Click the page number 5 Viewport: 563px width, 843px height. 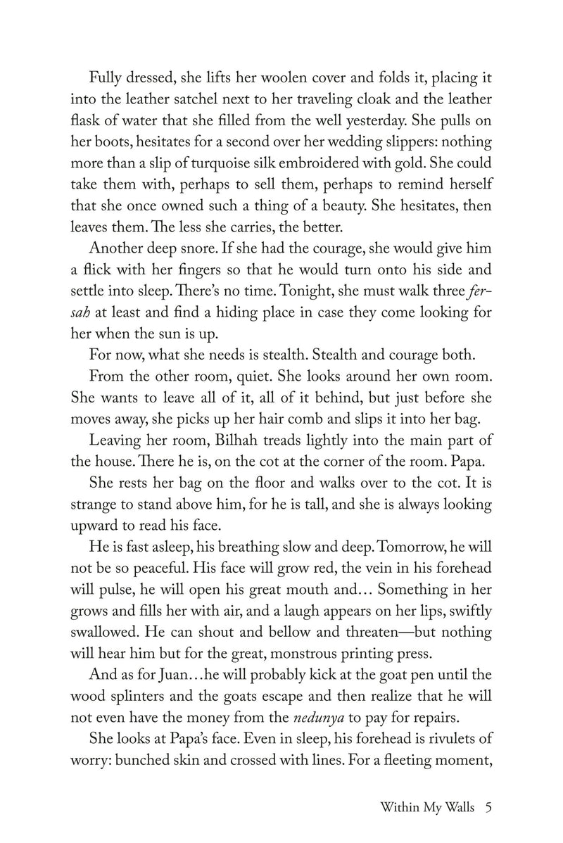(487, 809)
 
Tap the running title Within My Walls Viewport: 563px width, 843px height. (424, 809)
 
